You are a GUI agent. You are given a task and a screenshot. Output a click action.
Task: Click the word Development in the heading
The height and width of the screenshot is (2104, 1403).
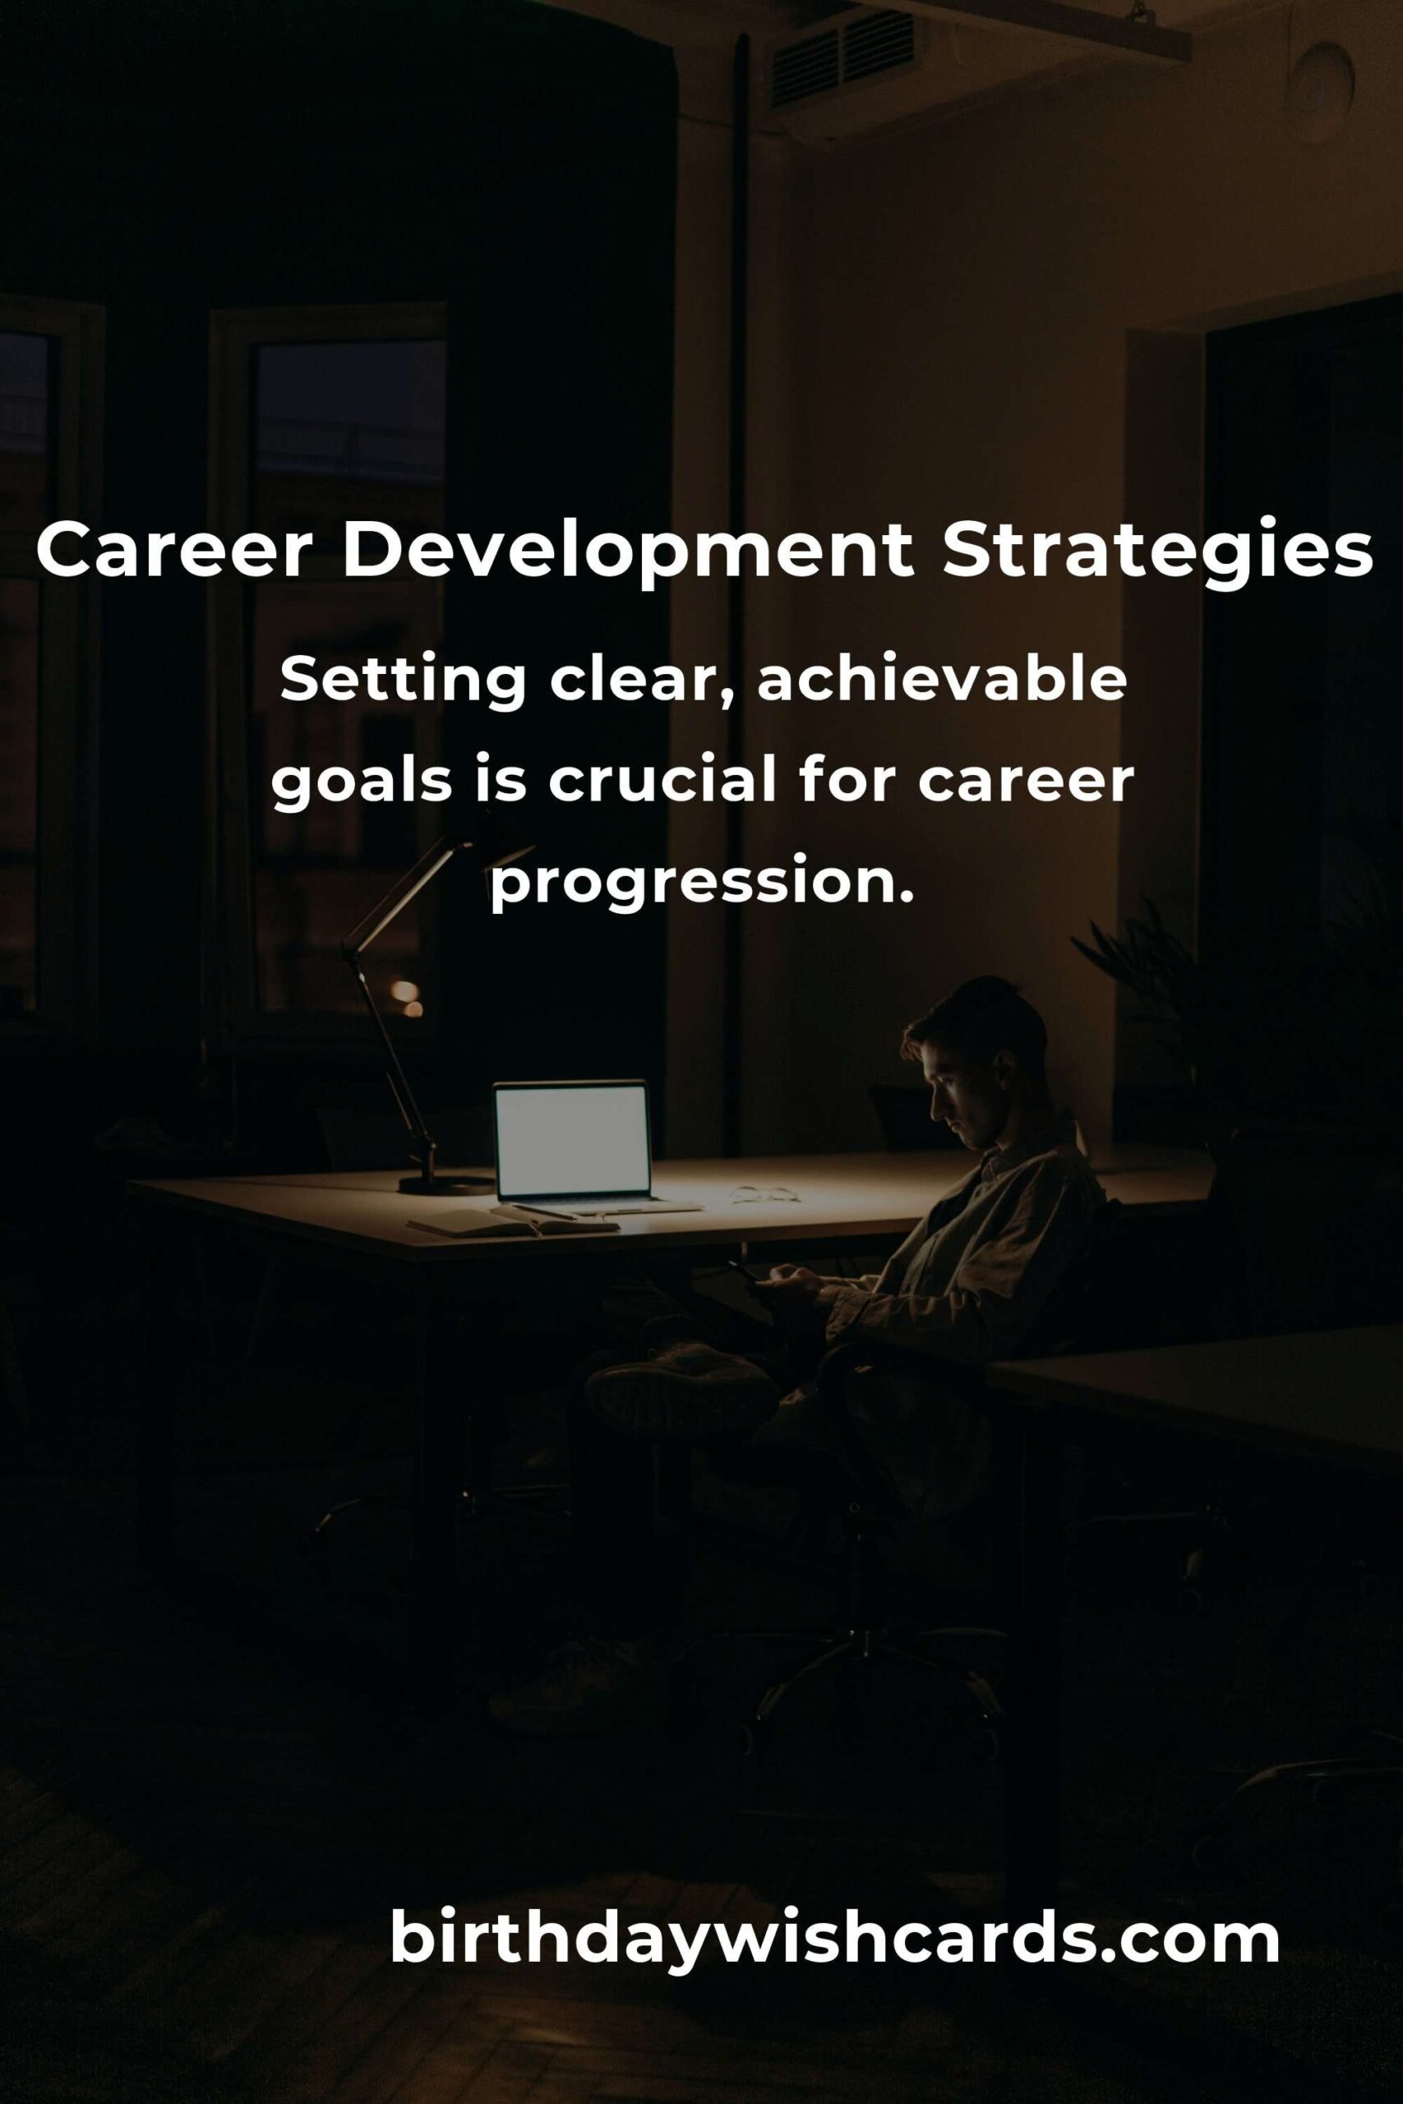point(628,553)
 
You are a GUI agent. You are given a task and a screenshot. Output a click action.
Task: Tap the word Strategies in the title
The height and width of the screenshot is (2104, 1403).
point(1157,553)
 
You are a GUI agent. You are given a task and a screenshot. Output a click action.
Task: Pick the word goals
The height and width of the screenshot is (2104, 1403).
point(362,782)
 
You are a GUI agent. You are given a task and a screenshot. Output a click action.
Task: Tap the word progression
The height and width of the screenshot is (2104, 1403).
point(702,882)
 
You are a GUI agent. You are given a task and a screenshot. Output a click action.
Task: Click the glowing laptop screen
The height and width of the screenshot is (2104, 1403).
point(572,1141)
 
